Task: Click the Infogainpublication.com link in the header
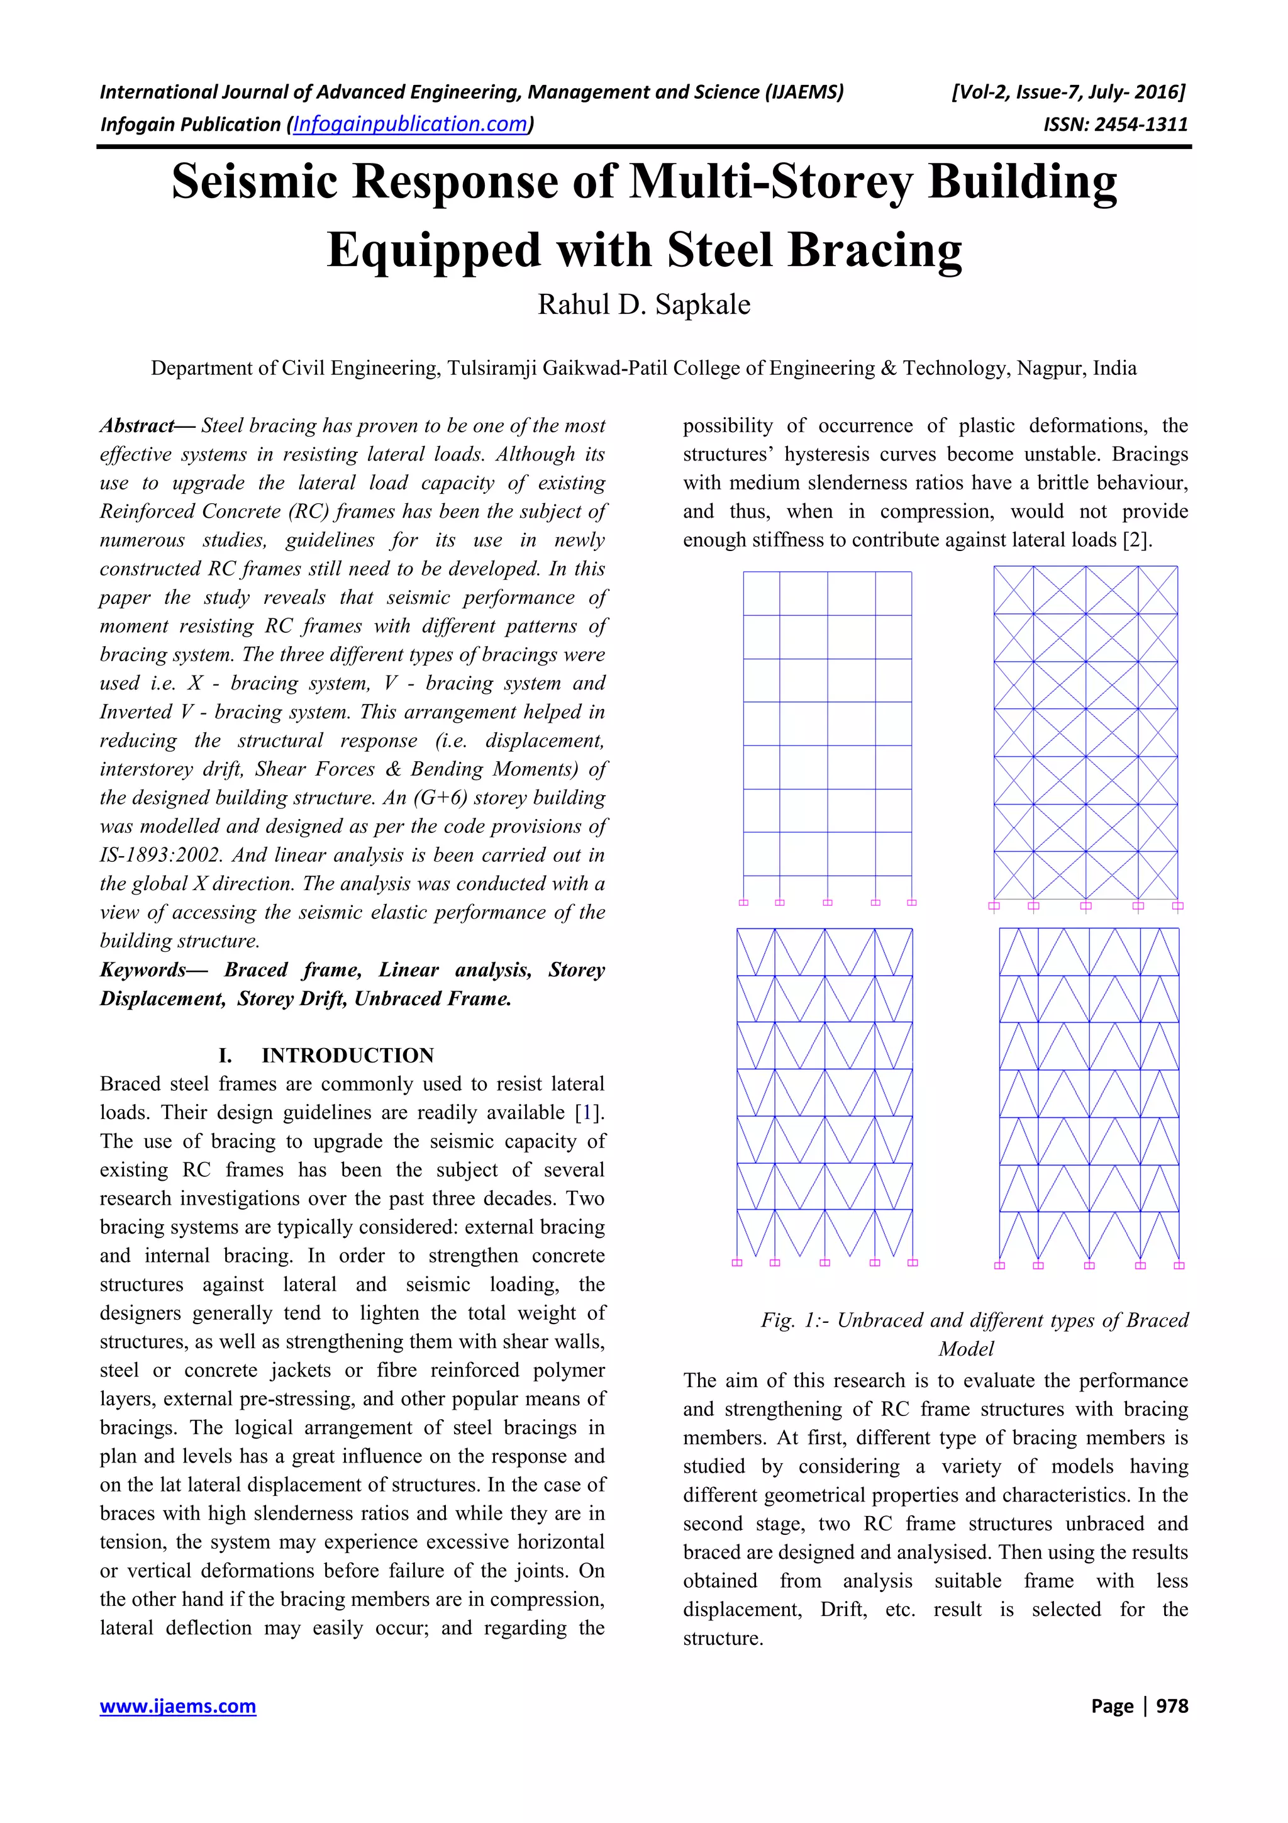pos(409,124)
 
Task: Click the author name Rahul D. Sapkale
pos(643,305)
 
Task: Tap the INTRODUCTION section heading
pos(348,1055)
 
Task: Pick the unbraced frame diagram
pos(827,735)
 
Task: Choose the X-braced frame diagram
pos(1085,735)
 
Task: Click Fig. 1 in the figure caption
pos(791,1320)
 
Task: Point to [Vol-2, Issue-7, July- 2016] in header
pos(1067,92)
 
